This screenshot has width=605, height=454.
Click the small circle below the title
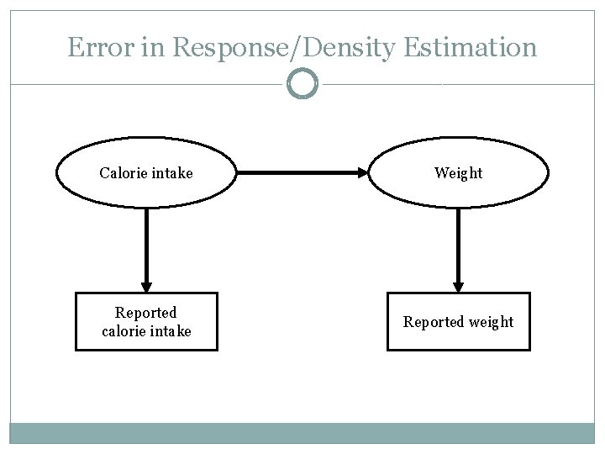(302, 84)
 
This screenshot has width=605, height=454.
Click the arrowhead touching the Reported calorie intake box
(146, 285)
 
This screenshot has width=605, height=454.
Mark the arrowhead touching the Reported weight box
(458, 285)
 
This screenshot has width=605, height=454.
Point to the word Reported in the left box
(146, 313)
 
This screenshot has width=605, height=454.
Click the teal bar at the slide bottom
(302, 432)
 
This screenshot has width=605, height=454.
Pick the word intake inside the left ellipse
(171, 173)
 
